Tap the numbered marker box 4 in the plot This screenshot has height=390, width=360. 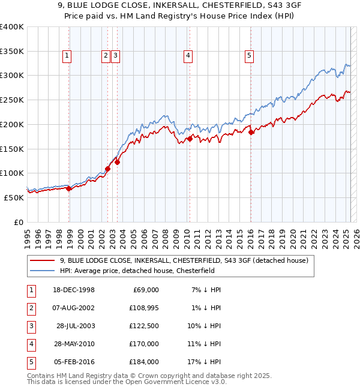188,56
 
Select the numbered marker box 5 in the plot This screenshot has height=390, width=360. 249,56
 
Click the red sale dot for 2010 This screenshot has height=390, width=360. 190,139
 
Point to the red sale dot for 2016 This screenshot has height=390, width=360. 251,133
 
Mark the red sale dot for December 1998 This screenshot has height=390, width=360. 69,188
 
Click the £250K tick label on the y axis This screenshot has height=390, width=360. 12,100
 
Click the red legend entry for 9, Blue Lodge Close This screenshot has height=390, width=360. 184,260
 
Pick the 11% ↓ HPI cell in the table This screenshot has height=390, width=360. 203,344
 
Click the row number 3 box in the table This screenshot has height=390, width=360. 31,326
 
